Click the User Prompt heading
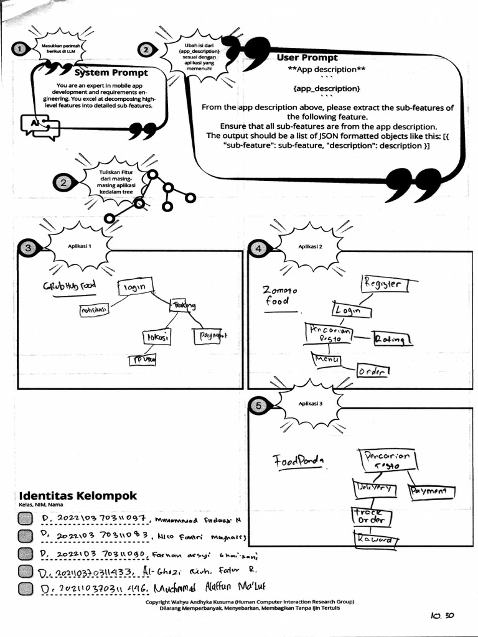pyautogui.click(x=307, y=58)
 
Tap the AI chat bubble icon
pyautogui.click(x=40, y=126)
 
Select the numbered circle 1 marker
pyautogui.click(x=20, y=49)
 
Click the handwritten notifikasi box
pyautogui.click(x=94, y=309)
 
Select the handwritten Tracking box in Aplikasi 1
pyautogui.click(x=182, y=305)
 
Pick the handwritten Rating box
pyautogui.click(x=392, y=339)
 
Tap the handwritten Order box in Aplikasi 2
pyautogui.click(x=372, y=371)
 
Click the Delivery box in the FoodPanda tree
pyautogui.click(x=374, y=488)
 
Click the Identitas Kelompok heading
pyautogui.click(x=78, y=496)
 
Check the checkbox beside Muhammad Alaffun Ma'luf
pyautogui.click(x=26, y=589)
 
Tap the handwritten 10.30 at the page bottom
pyautogui.click(x=442, y=615)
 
